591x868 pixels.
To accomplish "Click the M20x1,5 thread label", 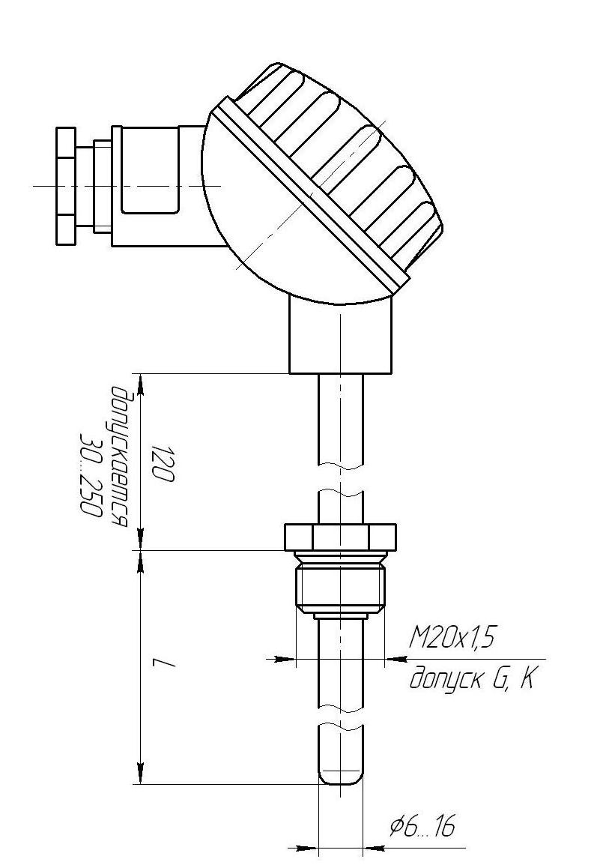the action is pyautogui.click(x=450, y=639).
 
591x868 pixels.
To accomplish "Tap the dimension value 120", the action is pyautogui.click(x=164, y=462).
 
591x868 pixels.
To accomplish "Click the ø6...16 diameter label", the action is pyautogui.click(x=422, y=827).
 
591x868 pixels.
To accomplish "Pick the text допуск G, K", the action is pyautogui.click(x=470, y=678).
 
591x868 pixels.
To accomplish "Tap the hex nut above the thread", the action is pyautogui.click(x=340, y=537).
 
